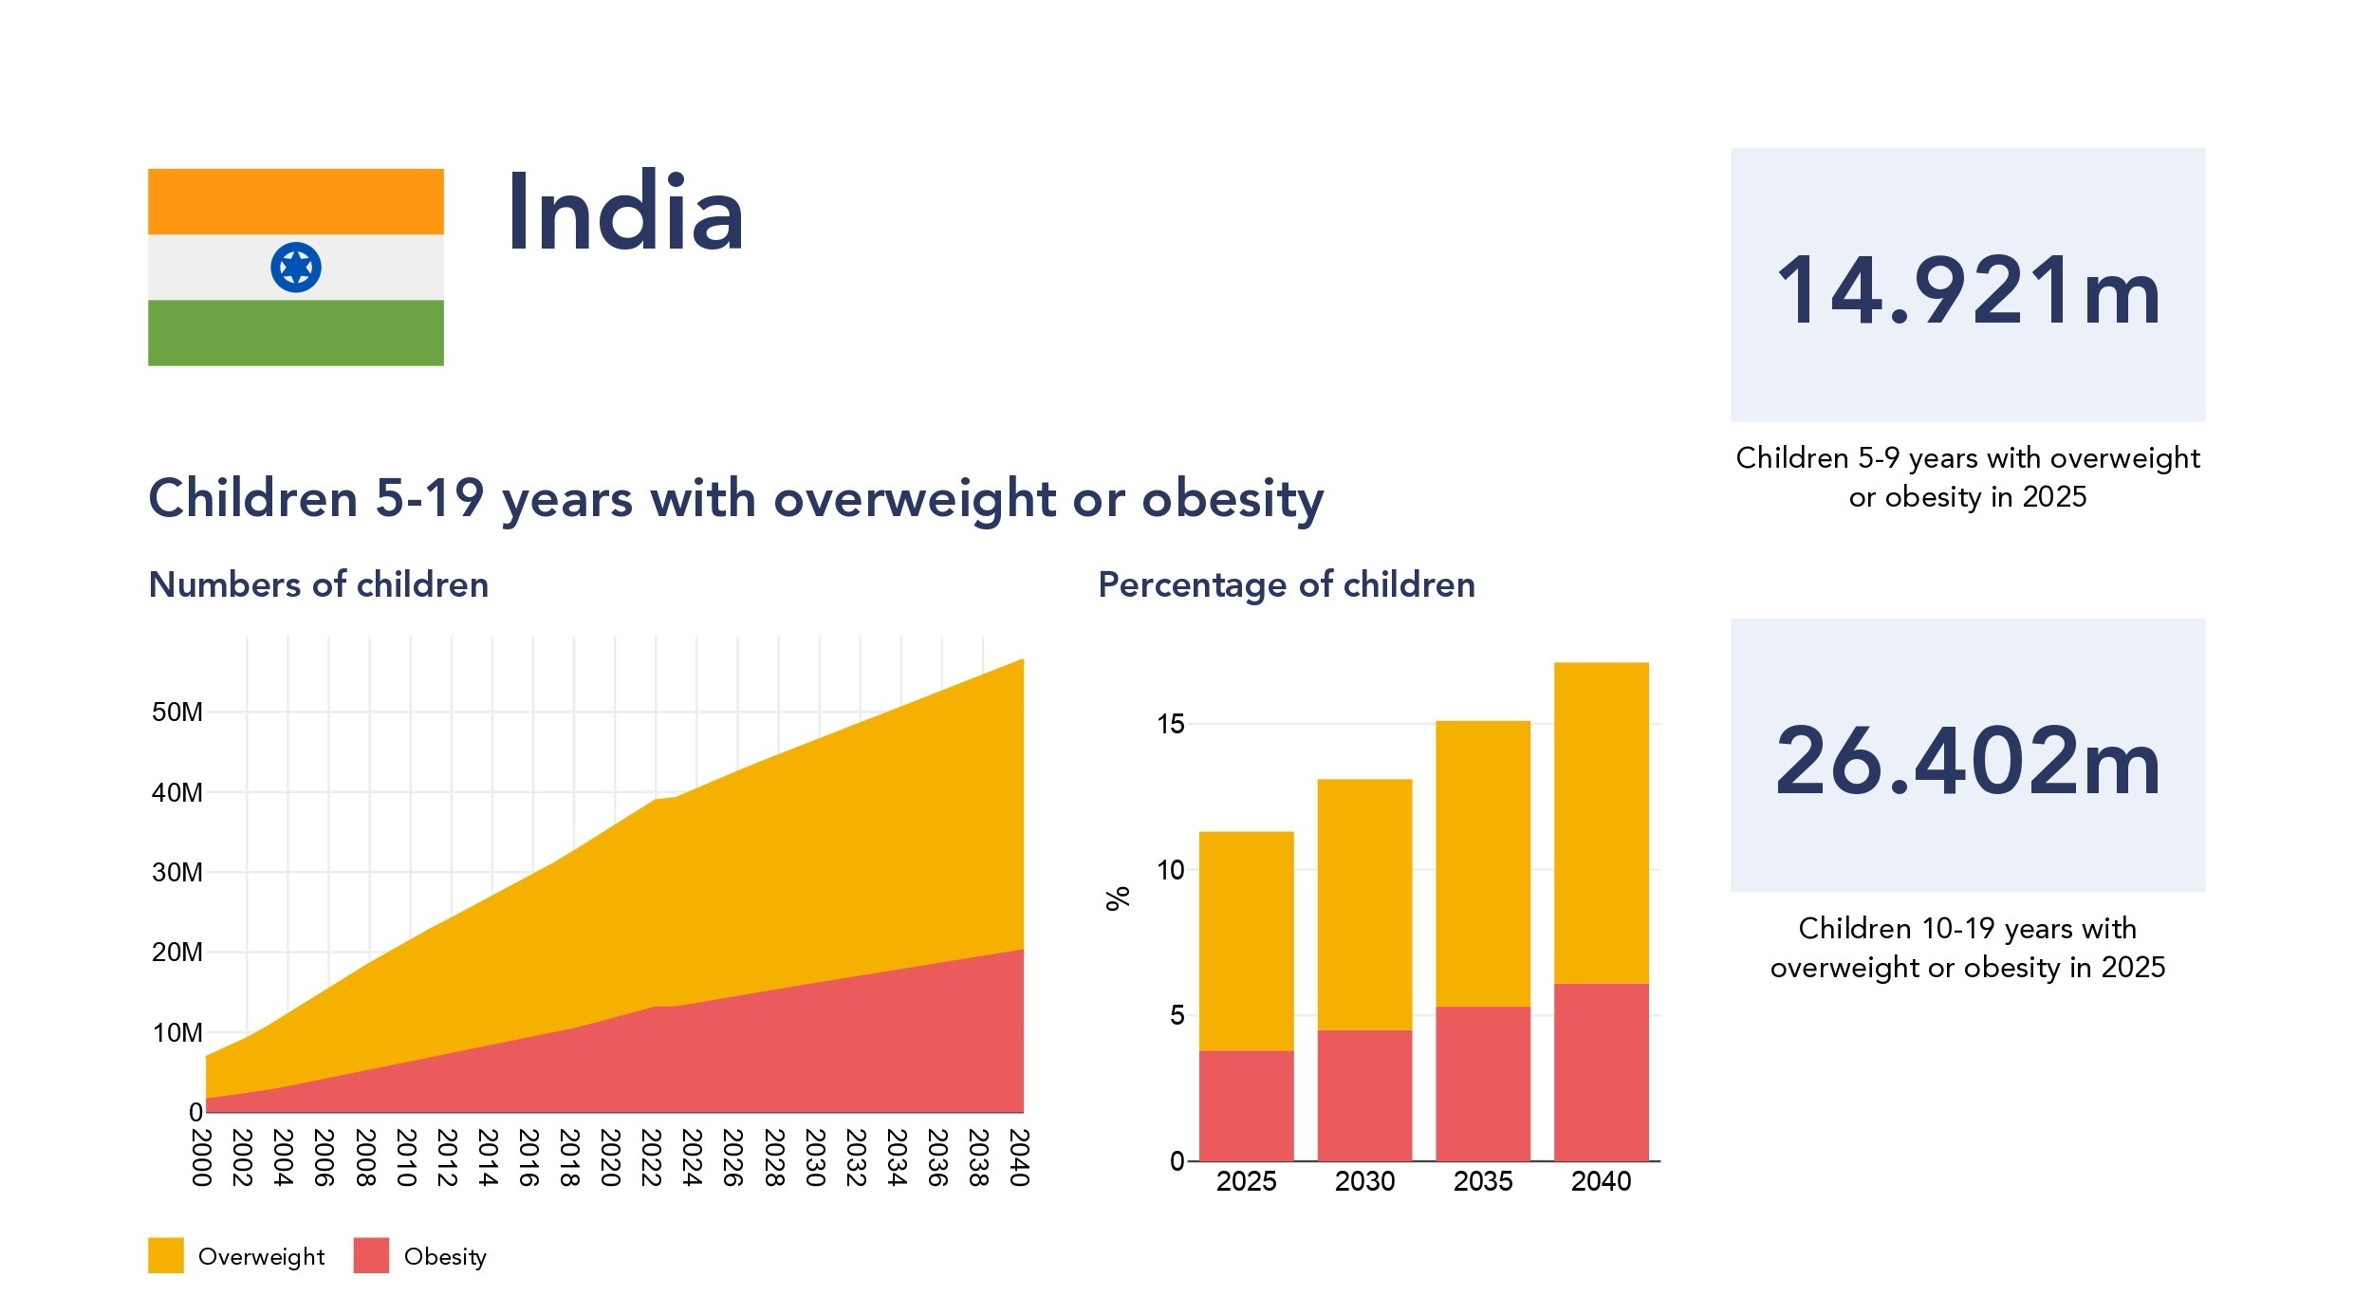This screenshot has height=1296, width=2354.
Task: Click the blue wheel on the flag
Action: tap(296, 268)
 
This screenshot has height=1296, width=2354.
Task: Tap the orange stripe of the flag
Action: tap(296, 201)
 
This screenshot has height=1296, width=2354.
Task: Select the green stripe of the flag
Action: tap(296, 333)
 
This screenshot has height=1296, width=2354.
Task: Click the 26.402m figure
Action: tap(1968, 761)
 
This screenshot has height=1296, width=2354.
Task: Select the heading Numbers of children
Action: tap(319, 584)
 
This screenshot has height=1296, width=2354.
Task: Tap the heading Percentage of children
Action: tap(1287, 584)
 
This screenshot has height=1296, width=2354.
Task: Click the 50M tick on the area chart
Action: tap(177, 713)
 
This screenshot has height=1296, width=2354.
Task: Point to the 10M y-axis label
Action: tap(177, 1032)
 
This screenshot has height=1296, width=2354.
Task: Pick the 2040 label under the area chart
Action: tap(1019, 1157)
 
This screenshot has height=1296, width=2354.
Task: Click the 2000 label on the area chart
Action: tap(201, 1157)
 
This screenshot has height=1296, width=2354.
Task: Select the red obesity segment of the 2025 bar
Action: tap(1246, 1105)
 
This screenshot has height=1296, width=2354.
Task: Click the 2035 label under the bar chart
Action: tap(1483, 1181)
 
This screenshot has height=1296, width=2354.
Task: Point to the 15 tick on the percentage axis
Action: tap(1171, 724)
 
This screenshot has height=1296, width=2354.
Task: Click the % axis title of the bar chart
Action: tap(1118, 898)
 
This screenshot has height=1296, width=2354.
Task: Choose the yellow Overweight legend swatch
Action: tap(166, 1255)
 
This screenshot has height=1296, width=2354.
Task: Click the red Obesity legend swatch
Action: tap(371, 1255)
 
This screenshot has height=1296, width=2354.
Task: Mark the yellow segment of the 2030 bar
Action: tap(1364, 903)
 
